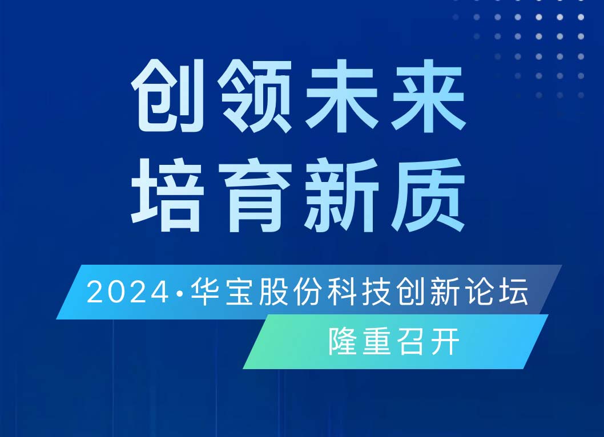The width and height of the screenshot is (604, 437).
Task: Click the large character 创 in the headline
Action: click(168, 96)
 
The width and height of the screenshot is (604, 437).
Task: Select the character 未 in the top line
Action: click(341, 96)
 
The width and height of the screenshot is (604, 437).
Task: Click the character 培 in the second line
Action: click(168, 195)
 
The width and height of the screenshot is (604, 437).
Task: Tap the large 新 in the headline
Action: click(341, 195)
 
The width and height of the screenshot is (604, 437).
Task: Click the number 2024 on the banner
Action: click(128, 293)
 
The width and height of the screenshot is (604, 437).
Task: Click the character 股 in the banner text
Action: click(274, 292)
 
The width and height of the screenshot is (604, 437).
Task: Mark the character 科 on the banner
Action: click(343, 292)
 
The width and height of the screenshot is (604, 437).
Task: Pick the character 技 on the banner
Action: click(377, 292)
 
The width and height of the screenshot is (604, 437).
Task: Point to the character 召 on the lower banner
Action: click(412, 341)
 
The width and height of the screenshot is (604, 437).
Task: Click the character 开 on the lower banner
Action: click(446, 341)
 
